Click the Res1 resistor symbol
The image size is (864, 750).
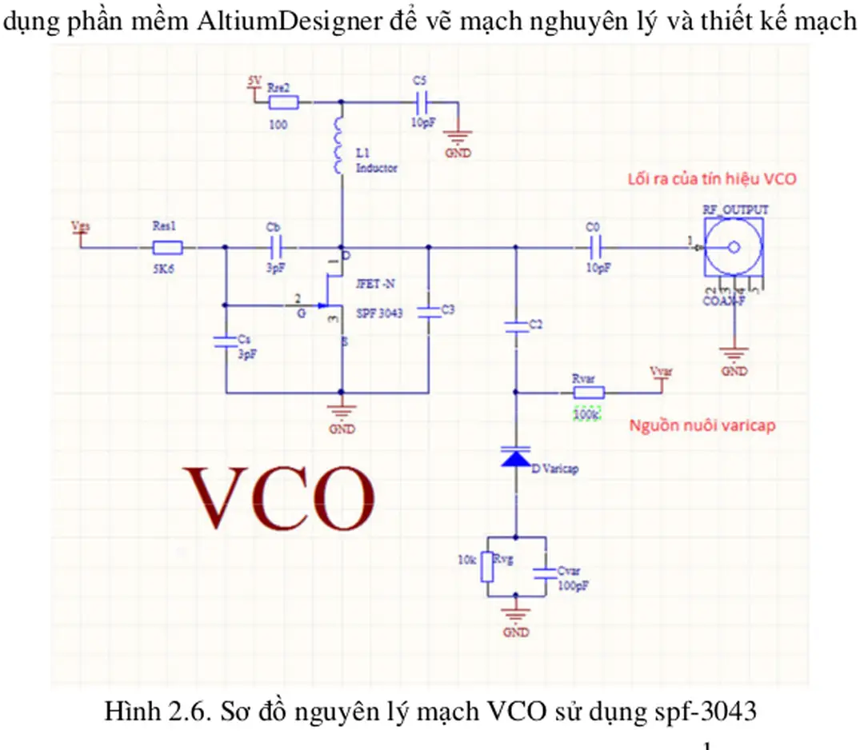coord(167,248)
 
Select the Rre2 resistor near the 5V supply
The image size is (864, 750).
coord(283,102)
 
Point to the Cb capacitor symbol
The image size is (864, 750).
coord(275,248)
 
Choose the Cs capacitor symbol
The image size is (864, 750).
coord(226,342)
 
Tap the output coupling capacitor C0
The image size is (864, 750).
coord(594,248)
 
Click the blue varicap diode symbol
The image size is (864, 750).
coord(515,457)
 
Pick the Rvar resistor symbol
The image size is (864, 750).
coord(588,393)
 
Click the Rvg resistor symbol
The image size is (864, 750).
coord(486,568)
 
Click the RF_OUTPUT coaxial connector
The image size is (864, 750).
coord(733,249)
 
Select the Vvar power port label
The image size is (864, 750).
coord(661,373)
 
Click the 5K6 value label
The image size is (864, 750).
coord(164,270)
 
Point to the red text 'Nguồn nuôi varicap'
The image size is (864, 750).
coord(702,425)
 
